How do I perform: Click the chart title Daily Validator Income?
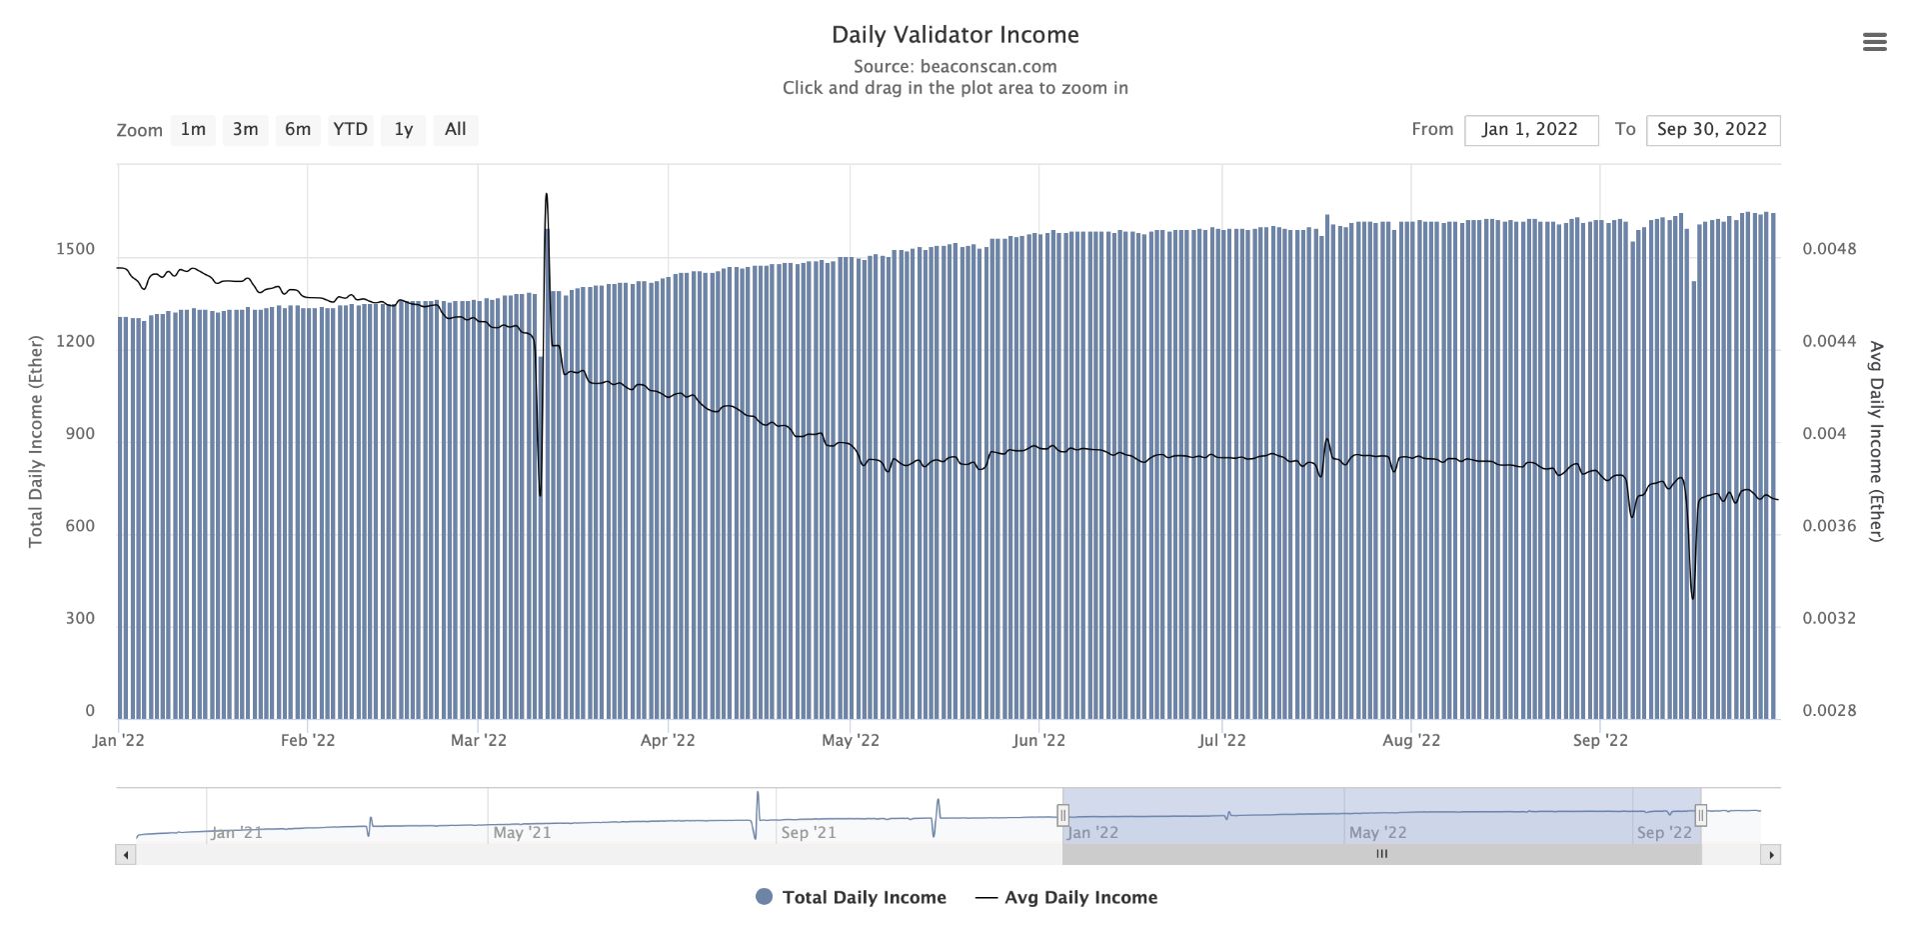(955, 35)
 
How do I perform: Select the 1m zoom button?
(193, 130)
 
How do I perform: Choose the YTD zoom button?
(350, 130)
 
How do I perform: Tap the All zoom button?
(455, 130)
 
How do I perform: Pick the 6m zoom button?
(298, 130)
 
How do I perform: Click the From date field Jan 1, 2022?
(1530, 130)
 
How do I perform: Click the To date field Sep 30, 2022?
(1712, 130)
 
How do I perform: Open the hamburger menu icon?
(1874, 42)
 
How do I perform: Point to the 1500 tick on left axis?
(76, 249)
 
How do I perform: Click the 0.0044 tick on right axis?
(1829, 342)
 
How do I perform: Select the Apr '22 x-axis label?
(668, 741)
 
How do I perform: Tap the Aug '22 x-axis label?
(1411, 741)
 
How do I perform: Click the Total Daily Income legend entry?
(864, 898)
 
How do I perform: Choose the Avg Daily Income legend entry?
(1080, 898)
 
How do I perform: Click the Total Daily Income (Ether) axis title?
(36, 442)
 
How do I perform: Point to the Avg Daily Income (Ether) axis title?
(1876, 442)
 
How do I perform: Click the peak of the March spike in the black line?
(546, 195)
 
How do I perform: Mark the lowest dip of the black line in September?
(1692, 597)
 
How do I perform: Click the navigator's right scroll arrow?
(1771, 855)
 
